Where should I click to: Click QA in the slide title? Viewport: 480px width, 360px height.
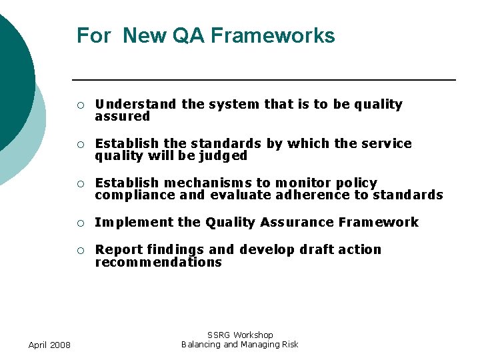189,35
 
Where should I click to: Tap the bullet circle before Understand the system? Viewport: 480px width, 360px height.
80,105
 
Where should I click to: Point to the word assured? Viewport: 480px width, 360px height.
123,117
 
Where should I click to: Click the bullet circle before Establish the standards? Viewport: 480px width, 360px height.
80,144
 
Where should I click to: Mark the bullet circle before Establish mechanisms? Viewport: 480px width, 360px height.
80,183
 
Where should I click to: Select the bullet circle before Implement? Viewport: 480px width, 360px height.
80,223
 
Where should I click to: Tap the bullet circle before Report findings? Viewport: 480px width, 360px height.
80,250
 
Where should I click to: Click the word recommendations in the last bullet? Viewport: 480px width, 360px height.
158,263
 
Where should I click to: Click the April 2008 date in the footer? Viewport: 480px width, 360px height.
50,345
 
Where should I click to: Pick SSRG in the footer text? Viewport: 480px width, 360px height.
219,335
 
